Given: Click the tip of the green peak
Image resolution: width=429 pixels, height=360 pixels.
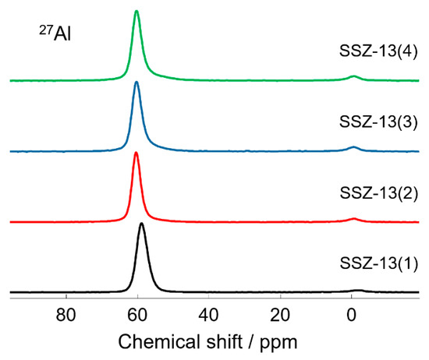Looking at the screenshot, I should [x=136, y=11].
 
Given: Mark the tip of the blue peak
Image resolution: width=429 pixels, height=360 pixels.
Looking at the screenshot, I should [x=136, y=82].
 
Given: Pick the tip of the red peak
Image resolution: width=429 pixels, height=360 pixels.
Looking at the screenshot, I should [x=136, y=153].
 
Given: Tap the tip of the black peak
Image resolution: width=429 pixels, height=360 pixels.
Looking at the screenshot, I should [x=141, y=224].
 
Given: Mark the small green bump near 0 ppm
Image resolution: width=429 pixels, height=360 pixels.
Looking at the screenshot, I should [x=353, y=76].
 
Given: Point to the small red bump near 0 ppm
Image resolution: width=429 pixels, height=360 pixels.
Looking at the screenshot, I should [x=353, y=219].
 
